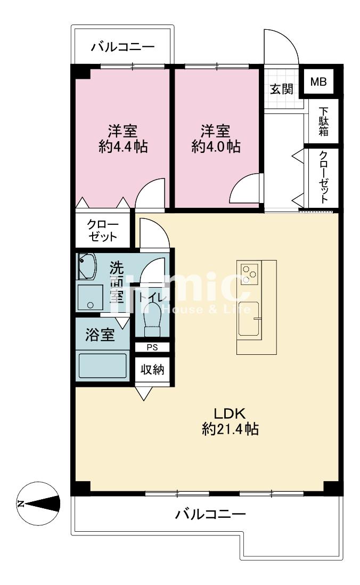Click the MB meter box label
318,82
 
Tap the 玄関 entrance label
282,89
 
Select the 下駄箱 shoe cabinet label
323,121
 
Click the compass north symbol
39,503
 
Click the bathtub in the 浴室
103,365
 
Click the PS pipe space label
152,347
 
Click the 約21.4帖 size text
230,429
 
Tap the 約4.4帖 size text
123,146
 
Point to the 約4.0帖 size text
216,146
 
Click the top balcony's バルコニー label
123,47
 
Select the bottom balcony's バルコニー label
211,515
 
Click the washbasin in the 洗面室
87,266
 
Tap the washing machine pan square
90,298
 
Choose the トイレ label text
151,297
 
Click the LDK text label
229,413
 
